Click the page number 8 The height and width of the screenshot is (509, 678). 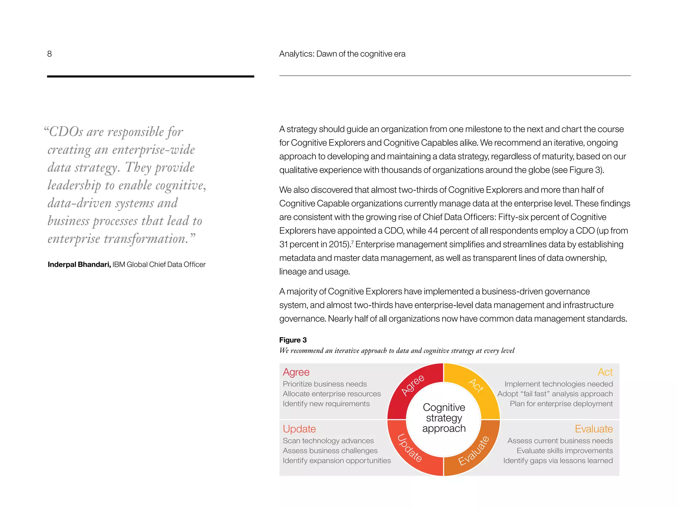tap(49, 54)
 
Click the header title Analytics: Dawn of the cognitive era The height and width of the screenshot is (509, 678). tap(342, 54)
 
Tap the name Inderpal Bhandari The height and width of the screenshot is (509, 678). tap(79, 264)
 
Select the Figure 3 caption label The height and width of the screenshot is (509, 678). tap(293, 340)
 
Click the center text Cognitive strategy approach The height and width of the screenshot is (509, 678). tap(444, 418)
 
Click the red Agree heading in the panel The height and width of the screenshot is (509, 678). tap(296, 372)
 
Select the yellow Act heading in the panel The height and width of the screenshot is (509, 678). tap(605, 372)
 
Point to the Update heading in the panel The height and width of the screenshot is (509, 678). tap(299, 429)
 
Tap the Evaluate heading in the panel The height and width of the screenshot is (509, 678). tap(594, 429)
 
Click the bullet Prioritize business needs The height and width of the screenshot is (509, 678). tap(324, 384)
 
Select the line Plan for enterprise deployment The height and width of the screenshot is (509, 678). tap(561, 404)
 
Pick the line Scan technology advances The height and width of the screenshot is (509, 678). tap(328, 441)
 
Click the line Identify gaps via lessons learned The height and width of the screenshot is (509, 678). tap(558, 461)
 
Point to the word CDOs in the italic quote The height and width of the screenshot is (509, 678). tap(66, 132)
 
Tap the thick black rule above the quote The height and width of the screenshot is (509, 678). tap(150, 77)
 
